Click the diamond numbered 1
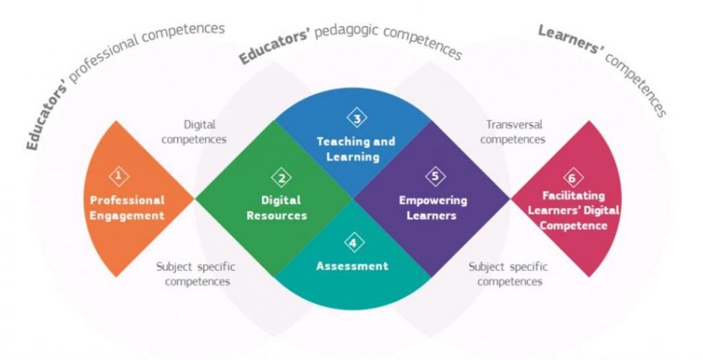point(118,176)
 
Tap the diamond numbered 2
point(282,179)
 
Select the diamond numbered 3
point(357,119)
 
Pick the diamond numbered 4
point(354,243)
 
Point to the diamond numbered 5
point(436,176)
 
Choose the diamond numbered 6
point(572,178)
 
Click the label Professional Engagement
point(127,207)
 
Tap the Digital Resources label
point(277,207)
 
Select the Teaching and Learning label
point(356,149)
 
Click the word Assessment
point(353,266)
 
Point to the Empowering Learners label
point(433,207)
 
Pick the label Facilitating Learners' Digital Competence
point(574,210)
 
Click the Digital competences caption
point(194,132)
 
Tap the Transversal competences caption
point(514,132)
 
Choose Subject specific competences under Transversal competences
point(509,274)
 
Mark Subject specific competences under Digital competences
point(196,274)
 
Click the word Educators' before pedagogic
point(275,48)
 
